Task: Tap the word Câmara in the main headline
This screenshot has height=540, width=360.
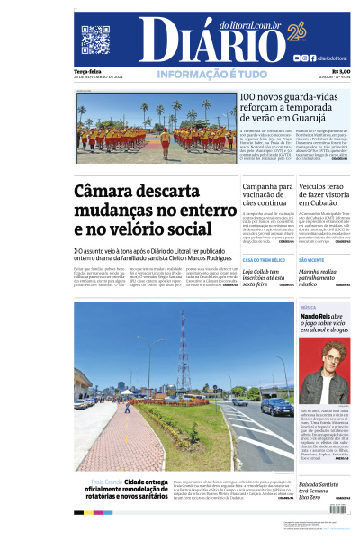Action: [111, 192]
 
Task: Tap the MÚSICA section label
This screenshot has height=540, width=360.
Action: [308, 307]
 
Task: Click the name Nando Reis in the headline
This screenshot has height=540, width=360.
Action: [313, 318]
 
